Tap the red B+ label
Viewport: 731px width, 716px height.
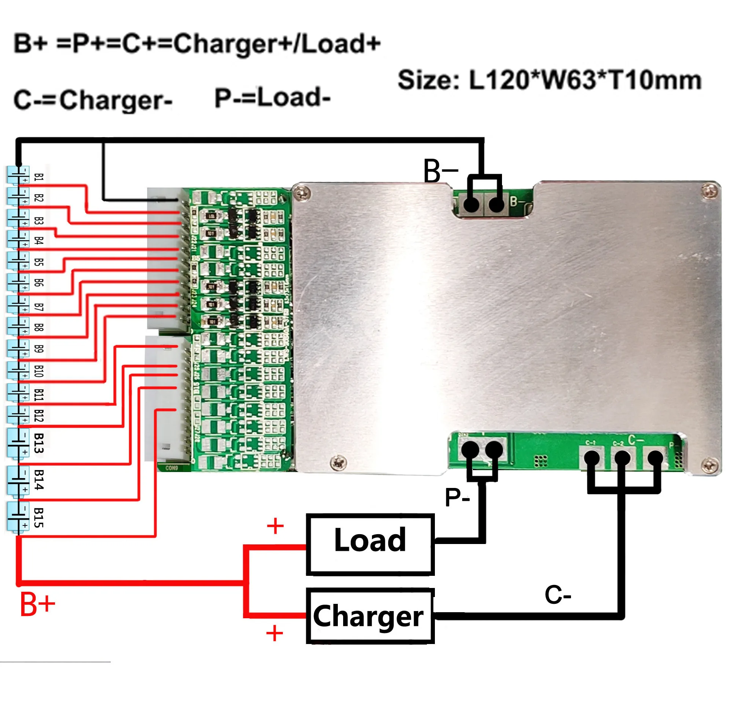click(37, 605)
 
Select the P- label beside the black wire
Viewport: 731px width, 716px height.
click(457, 497)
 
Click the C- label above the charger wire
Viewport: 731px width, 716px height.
click(558, 595)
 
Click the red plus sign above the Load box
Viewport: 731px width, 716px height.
click(275, 526)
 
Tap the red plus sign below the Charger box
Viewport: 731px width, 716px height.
click(275, 633)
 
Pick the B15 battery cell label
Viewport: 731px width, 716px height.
click(39, 517)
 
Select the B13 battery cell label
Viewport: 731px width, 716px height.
click(39, 443)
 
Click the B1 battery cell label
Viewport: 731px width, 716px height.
click(39, 177)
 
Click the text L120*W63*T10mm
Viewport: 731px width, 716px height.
click(585, 80)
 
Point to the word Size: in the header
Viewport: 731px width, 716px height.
click(428, 80)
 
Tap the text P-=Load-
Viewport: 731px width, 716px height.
click(273, 98)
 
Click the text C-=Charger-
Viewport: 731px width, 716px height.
click(93, 100)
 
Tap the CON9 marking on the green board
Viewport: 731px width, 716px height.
click(171, 468)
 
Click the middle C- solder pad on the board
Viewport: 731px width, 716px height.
click(622, 458)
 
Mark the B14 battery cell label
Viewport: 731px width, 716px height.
click(39, 480)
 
